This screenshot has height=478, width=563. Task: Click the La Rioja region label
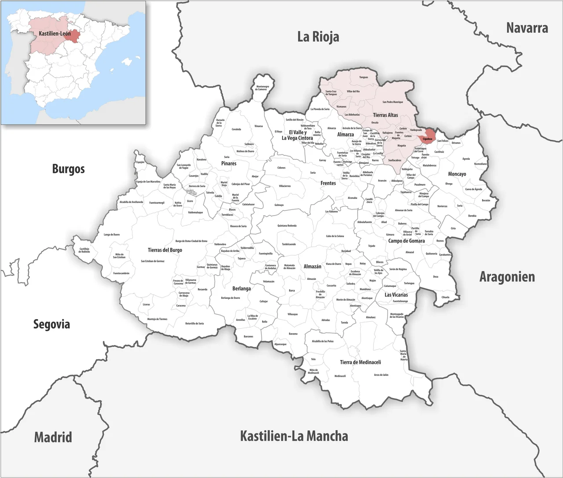(x=318, y=37)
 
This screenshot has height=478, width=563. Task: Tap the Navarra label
(x=526, y=28)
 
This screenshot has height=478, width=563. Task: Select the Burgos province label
(x=68, y=169)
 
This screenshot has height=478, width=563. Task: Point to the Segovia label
(x=51, y=324)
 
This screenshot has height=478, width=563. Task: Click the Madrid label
(x=53, y=437)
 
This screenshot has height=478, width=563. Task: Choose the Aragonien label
(x=507, y=277)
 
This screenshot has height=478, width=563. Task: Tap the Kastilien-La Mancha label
(x=293, y=436)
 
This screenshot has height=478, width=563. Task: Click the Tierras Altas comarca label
(x=385, y=115)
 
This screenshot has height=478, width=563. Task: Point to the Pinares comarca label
(x=228, y=163)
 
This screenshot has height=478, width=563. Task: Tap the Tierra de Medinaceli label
(x=360, y=362)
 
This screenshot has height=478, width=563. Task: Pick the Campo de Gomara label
(x=406, y=241)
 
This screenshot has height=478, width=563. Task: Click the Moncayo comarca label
(x=457, y=174)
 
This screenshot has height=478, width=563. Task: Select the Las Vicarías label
(x=396, y=294)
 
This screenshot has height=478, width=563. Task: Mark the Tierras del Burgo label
(x=165, y=250)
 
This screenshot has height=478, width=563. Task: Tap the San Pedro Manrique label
(x=392, y=102)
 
